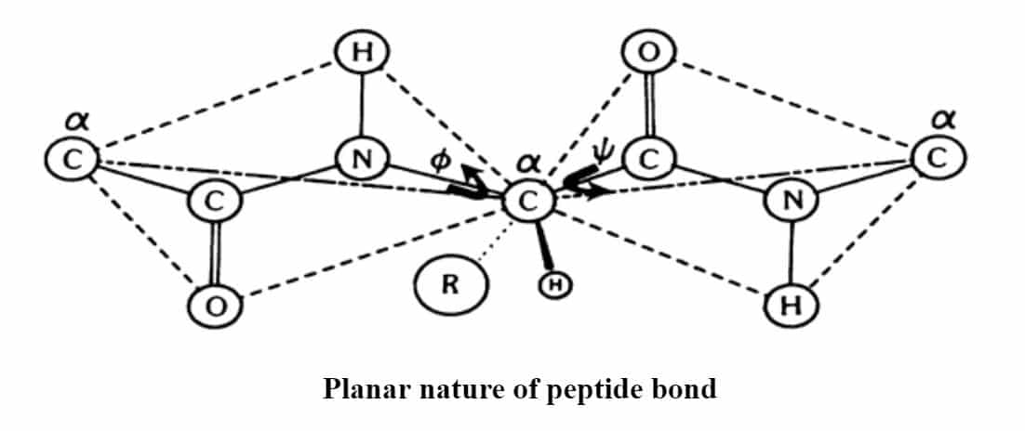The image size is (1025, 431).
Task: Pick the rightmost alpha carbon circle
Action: click(x=938, y=157)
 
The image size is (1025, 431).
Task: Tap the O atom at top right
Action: click(x=646, y=53)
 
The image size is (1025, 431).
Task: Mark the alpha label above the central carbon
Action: click(x=526, y=160)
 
